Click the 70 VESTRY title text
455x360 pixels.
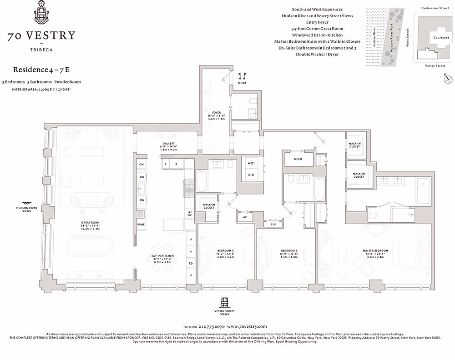pyautogui.click(x=41, y=36)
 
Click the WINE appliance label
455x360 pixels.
pyautogui.click(x=141, y=225)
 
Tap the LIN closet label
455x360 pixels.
pyautogui.click(x=273, y=224)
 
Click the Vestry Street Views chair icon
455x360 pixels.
pyautogui.click(x=224, y=303)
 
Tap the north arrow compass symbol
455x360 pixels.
pyautogui.click(x=447, y=80)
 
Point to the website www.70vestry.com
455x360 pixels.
pyautogui.click(x=247, y=326)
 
